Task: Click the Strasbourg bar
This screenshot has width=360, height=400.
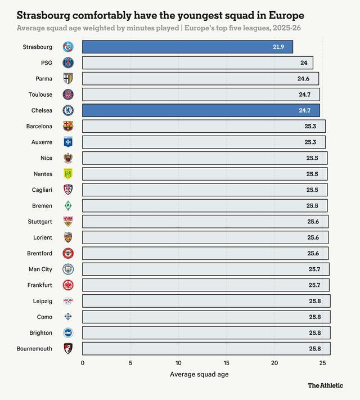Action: [x=187, y=47]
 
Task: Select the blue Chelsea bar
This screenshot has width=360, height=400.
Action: [x=201, y=110]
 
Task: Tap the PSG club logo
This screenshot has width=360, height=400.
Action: [x=68, y=63]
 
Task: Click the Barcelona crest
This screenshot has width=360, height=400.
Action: [x=68, y=126]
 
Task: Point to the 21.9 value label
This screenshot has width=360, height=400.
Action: [x=278, y=47]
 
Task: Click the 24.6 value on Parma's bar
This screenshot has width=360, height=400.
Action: [x=304, y=79]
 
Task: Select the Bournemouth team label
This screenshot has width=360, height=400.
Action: [x=34, y=349]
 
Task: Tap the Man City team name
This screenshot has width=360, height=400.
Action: [x=40, y=269]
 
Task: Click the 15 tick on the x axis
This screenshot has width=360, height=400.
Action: [x=227, y=363]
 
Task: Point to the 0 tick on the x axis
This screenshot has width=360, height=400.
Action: [x=83, y=363]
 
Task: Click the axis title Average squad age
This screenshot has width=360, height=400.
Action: [x=199, y=374]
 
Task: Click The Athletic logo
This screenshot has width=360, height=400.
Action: [x=325, y=385]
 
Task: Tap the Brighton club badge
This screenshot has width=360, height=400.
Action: [x=68, y=332]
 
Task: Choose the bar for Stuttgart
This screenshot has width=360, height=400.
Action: [x=205, y=222]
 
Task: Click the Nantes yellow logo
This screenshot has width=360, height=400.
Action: [x=68, y=174]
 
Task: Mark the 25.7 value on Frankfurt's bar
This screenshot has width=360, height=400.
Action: [x=314, y=285]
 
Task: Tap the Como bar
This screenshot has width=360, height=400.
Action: [x=206, y=317]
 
